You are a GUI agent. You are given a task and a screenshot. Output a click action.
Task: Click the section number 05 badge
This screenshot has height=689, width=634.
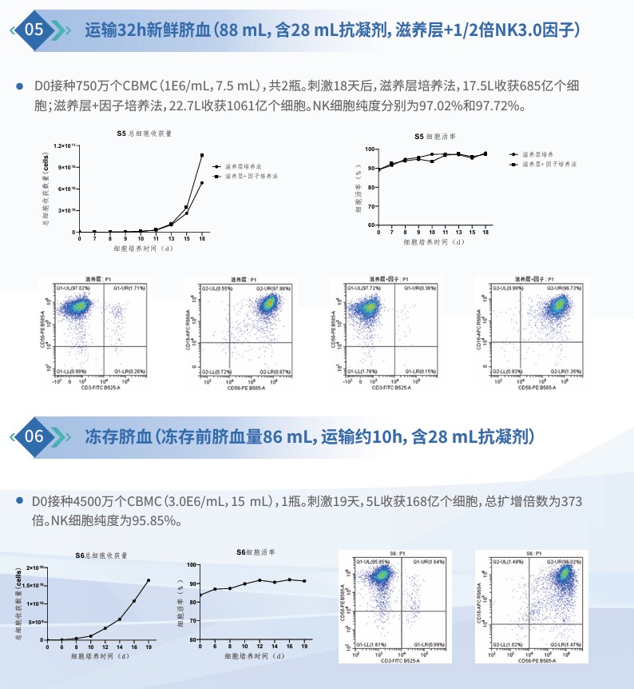coord(35,30)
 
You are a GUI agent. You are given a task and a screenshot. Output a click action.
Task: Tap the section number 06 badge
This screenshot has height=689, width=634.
coord(35,436)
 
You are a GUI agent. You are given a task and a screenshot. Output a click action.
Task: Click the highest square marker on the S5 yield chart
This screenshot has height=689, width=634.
coord(202,155)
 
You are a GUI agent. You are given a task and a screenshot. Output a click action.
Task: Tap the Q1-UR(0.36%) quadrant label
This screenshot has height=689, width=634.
coord(418,287)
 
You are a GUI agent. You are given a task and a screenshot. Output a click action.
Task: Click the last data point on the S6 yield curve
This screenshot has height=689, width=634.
coord(148,580)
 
